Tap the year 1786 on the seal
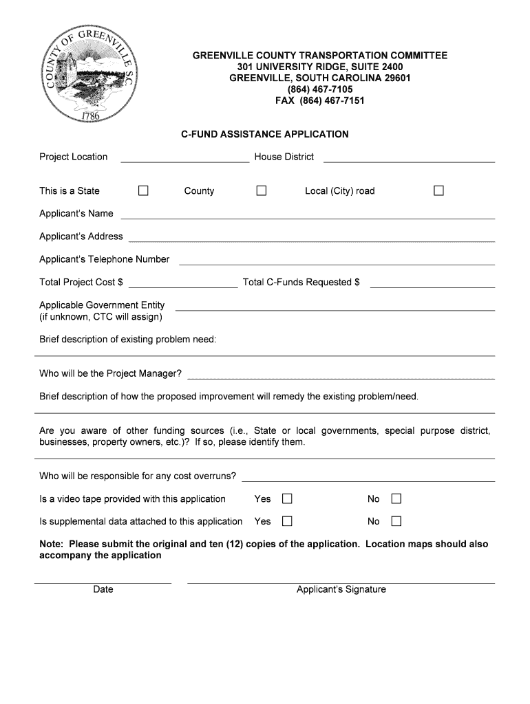coord(91,115)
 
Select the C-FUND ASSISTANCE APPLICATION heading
coord(264,134)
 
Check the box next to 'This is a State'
coord(143,190)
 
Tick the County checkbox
coord(262,190)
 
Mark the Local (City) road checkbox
coord(438,190)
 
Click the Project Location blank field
coord(184,158)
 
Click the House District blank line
coord(409,158)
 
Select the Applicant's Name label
coord(76,213)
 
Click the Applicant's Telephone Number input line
coord(337,260)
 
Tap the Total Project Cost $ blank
coord(182,283)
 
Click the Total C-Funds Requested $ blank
coord(432,283)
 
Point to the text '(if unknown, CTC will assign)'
coord(100,317)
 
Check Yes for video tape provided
coord(287,498)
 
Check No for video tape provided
coord(396,498)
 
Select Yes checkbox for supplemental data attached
coord(287,521)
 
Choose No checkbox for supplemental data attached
coord(396,521)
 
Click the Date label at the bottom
coord(103,589)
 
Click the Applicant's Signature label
coord(341,589)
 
